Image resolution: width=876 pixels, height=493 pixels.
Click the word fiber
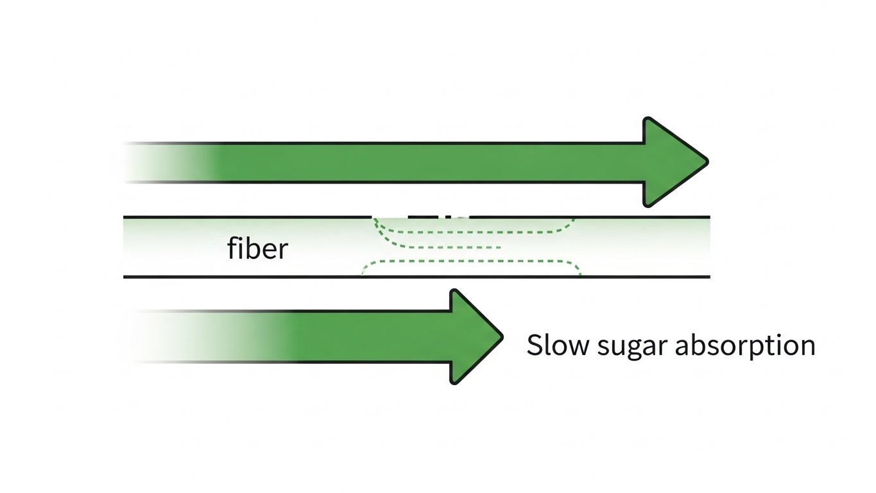pos(257,248)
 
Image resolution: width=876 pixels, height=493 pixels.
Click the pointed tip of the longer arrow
pos(707,162)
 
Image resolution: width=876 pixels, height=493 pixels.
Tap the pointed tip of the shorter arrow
pos(501,336)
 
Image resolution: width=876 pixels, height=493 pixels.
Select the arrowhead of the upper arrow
pos(671,162)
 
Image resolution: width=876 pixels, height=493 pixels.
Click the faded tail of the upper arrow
pos(160,162)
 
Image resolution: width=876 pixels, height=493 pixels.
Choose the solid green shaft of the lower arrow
pos(372,336)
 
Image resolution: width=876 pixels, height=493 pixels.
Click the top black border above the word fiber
pos(257,217)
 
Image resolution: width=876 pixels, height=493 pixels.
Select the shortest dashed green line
pos(449,247)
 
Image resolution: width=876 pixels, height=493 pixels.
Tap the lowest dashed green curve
pos(472,262)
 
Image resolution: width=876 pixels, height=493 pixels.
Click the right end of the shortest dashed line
pos(499,247)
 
